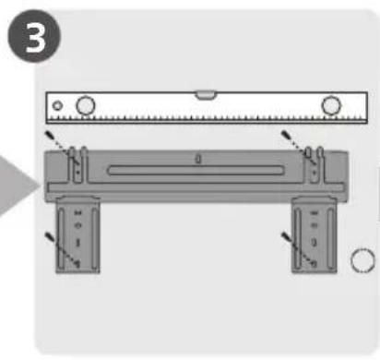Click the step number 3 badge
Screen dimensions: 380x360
(x=34, y=36)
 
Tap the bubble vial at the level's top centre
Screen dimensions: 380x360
(x=207, y=95)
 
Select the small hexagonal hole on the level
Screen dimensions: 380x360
(x=57, y=106)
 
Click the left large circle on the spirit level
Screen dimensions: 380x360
(x=86, y=105)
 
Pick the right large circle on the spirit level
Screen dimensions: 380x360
(x=331, y=105)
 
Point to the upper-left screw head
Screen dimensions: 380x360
(x=49, y=135)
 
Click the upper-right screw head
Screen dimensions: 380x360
(x=286, y=135)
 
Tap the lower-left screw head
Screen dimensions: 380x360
(x=49, y=236)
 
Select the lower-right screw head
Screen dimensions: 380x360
(x=286, y=236)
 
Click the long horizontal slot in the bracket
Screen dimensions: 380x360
(x=196, y=171)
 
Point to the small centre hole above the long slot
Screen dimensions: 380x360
(x=198, y=159)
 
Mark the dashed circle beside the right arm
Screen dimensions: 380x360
(x=362, y=260)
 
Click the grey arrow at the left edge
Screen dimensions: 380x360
(x=18, y=186)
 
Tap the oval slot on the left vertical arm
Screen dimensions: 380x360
(x=77, y=243)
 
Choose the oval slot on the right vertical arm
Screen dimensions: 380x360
(x=314, y=243)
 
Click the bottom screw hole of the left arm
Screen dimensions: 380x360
(x=77, y=263)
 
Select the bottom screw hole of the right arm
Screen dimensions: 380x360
(x=314, y=264)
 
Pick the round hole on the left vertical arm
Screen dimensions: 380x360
(x=77, y=225)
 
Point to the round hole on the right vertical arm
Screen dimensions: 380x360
(x=314, y=225)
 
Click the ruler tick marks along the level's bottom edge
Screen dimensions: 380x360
(x=207, y=118)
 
